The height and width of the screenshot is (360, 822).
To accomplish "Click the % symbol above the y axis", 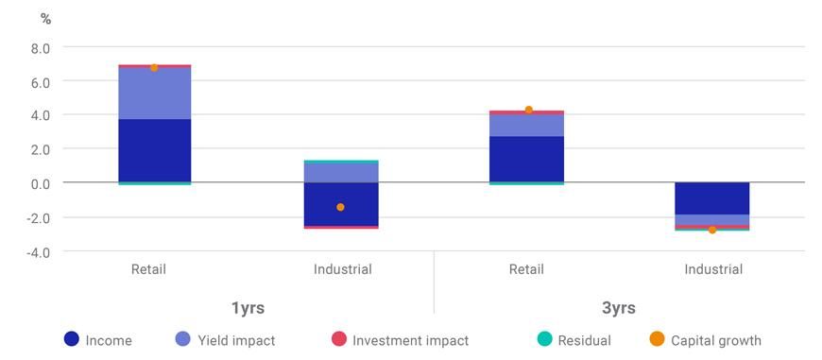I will click(45, 19).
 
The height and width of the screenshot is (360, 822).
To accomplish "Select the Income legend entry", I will click(98, 340).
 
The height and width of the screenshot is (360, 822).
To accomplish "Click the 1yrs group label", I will click(248, 308).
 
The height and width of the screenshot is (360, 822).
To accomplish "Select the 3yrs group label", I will click(619, 308).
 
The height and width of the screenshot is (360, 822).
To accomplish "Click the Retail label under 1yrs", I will click(148, 269).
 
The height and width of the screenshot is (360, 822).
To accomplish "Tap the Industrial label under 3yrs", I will click(713, 269).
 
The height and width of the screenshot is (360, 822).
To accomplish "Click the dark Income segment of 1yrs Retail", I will click(154, 150).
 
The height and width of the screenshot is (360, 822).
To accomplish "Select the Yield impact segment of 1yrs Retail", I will click(154, 94).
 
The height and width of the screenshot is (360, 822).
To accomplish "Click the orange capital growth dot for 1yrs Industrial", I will click(340, 207).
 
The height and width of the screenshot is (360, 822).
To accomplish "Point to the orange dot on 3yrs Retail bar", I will click(528, 110).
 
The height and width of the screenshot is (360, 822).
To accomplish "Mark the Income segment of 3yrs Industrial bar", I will click(712, 198).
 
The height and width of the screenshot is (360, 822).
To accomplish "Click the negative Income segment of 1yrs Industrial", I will click(340, 203).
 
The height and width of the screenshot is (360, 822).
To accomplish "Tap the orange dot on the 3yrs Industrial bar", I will click(712, 230).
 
